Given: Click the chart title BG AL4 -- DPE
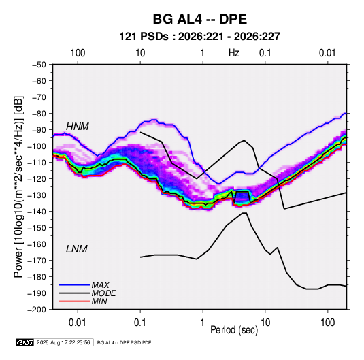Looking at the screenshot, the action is [199, 19].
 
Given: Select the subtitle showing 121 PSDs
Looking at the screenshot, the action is [199, 37].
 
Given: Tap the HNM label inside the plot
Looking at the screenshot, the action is [78, 127].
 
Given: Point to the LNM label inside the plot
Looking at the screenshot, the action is [77, 249].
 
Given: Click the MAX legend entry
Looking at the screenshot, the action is [100, 285].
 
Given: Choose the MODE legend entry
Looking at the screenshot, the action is [103, 293].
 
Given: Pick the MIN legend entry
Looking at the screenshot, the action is [99, 301].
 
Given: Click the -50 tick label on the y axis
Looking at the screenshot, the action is [39, 65].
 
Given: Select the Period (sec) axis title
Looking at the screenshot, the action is [234, 330].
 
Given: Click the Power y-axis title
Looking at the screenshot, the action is [18, 186].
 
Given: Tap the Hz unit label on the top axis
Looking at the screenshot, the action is [234, 53].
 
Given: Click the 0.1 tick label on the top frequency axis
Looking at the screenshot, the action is [265, 53].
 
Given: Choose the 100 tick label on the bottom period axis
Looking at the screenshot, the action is [327, 323].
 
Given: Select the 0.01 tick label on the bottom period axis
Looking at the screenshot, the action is [78, 323].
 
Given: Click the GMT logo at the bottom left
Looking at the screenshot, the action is [25, 342].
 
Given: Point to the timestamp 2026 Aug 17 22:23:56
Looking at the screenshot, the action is [63, 342].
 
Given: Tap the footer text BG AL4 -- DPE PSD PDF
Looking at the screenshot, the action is [124, 342].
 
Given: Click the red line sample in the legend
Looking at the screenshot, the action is [74, 301].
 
